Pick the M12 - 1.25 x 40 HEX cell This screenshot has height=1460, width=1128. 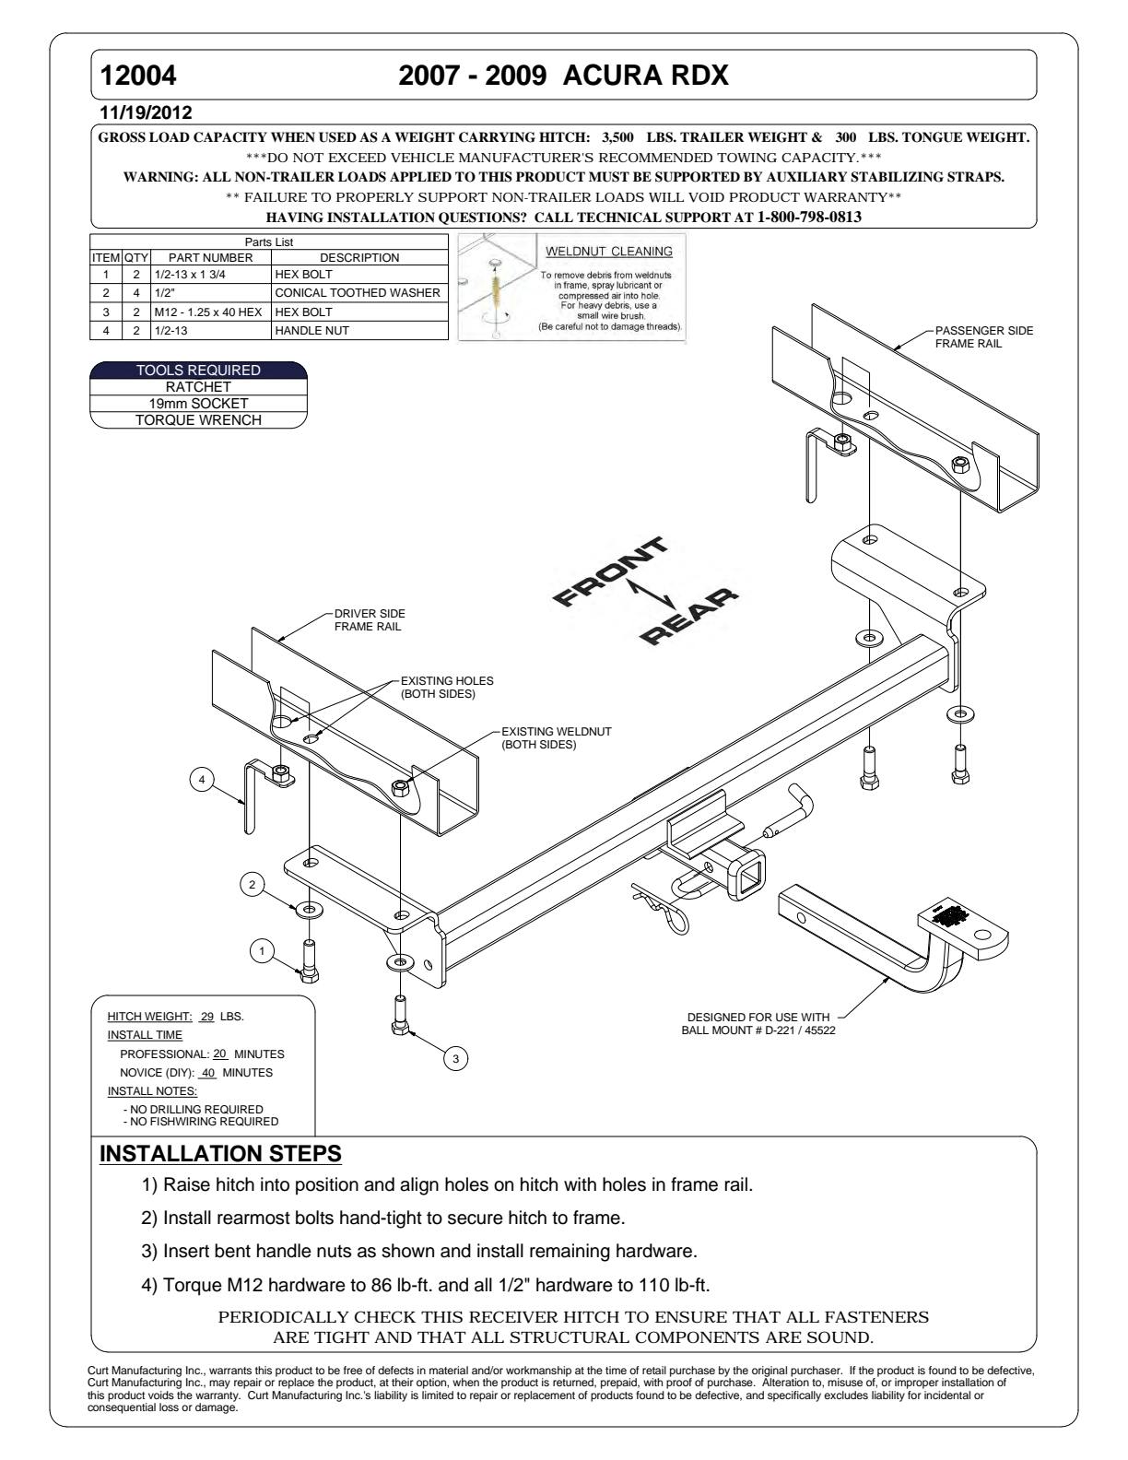coord(210,312)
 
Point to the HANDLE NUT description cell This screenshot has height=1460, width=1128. coord(312,330)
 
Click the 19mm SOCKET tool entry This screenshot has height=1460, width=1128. coord(198,404)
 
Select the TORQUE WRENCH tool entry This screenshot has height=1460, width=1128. coord(198,420)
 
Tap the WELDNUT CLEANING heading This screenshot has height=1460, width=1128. coord(609,252)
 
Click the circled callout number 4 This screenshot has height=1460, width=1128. coord(200,780)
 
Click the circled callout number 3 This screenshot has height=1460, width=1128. coord(453,1059)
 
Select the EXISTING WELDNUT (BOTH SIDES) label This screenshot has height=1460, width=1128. coord(556,738)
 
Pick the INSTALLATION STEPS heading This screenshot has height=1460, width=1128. coord(220,1154)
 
